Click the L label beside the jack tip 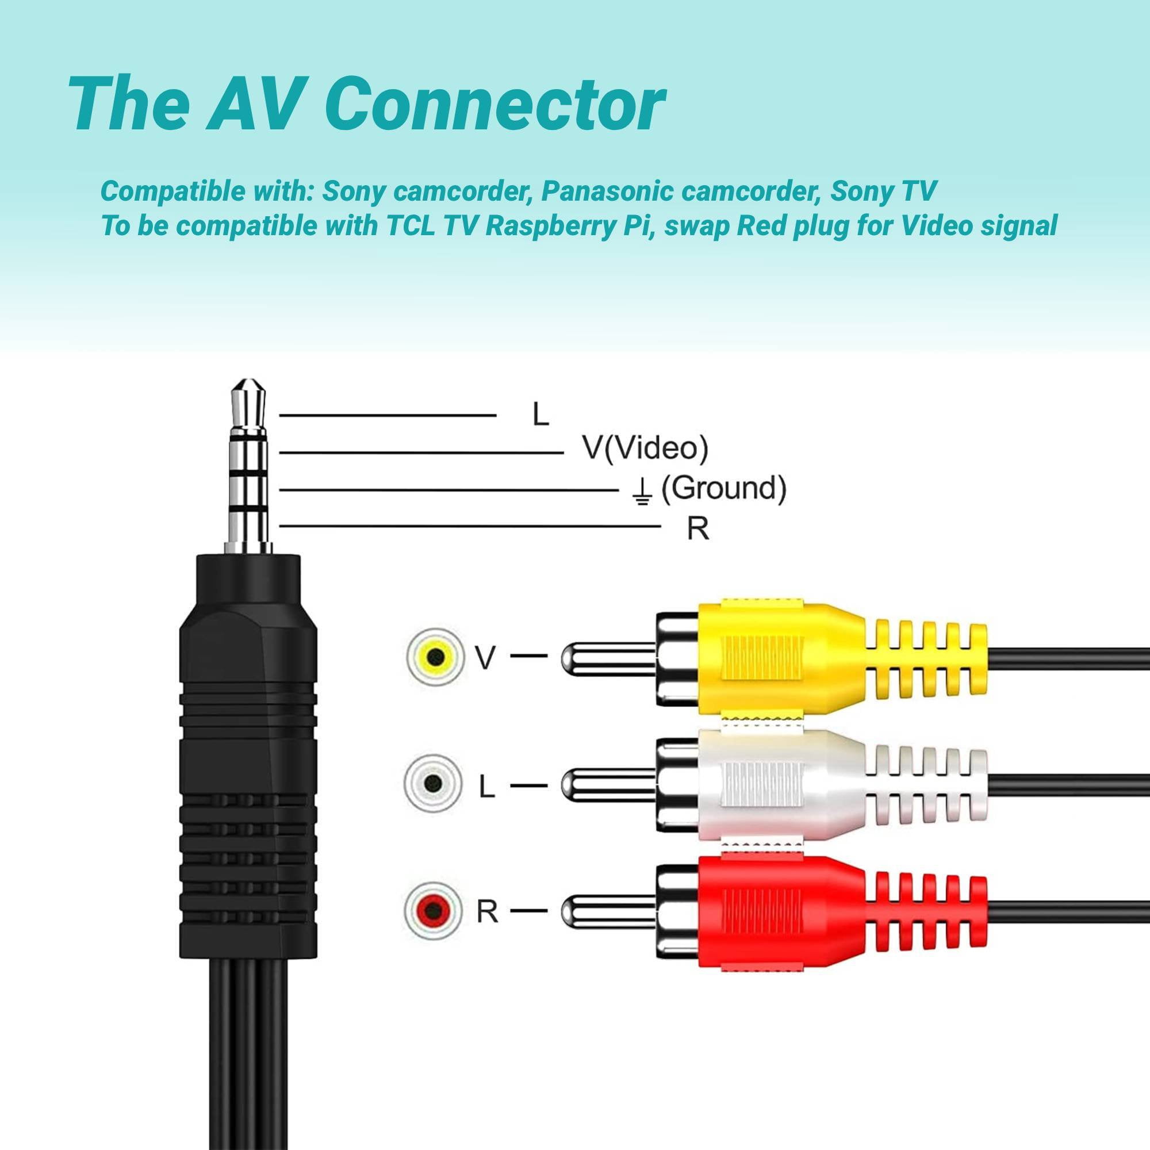click(x=540, y=413)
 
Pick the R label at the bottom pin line click(x=698, y=528)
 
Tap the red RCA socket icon click(x=434, y=910)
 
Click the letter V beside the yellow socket click(x=486, y=658)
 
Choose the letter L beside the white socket click(x=487, y=787)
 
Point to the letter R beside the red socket click(x=487, y=911)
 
